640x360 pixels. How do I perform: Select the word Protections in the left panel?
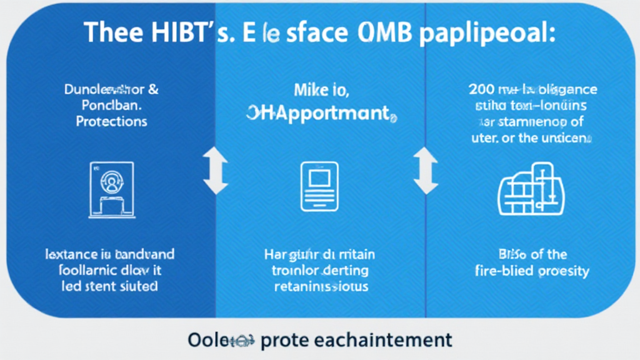pyautogui.click(x=112, y=121)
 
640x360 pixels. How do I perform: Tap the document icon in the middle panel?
pyautogui.click(x=319, y=186)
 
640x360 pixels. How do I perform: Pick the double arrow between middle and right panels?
pyautogui.click(x=426, y=170)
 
